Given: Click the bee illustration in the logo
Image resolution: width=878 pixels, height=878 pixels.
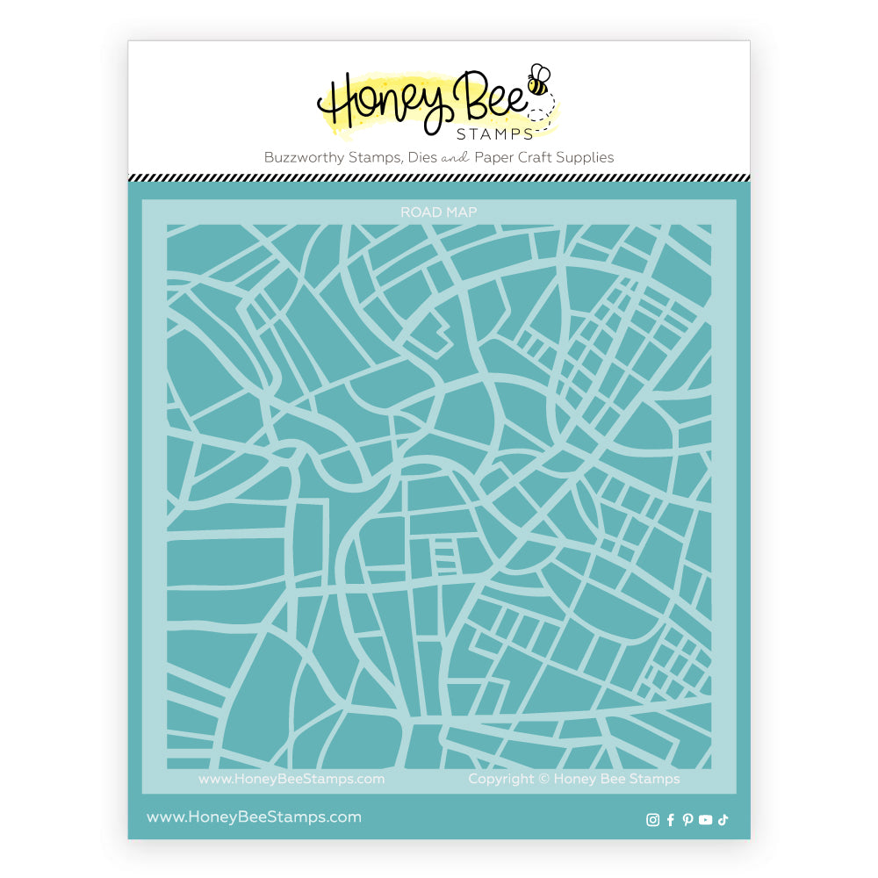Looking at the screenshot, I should pos(538,81).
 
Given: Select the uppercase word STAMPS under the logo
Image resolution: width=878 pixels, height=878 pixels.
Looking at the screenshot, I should pos(494,134).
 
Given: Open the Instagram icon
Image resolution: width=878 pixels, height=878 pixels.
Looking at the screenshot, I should pos(652,820).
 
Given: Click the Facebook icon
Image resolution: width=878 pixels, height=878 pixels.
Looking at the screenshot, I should pos(671,820).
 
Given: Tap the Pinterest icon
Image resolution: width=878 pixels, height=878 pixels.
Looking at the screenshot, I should pos(687,820).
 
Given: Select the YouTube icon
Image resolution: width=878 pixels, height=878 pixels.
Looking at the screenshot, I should pos(705,820).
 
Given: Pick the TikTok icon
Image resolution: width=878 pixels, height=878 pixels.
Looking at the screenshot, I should pos(723,820).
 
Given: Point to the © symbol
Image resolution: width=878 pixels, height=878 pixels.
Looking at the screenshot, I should pos(544,779).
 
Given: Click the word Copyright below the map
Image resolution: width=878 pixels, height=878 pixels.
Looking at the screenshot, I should pos(501,779).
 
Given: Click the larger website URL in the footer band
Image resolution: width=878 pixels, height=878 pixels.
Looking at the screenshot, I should pos(254,817).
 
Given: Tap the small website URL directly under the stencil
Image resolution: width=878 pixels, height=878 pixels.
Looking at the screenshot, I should pos(291,779).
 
